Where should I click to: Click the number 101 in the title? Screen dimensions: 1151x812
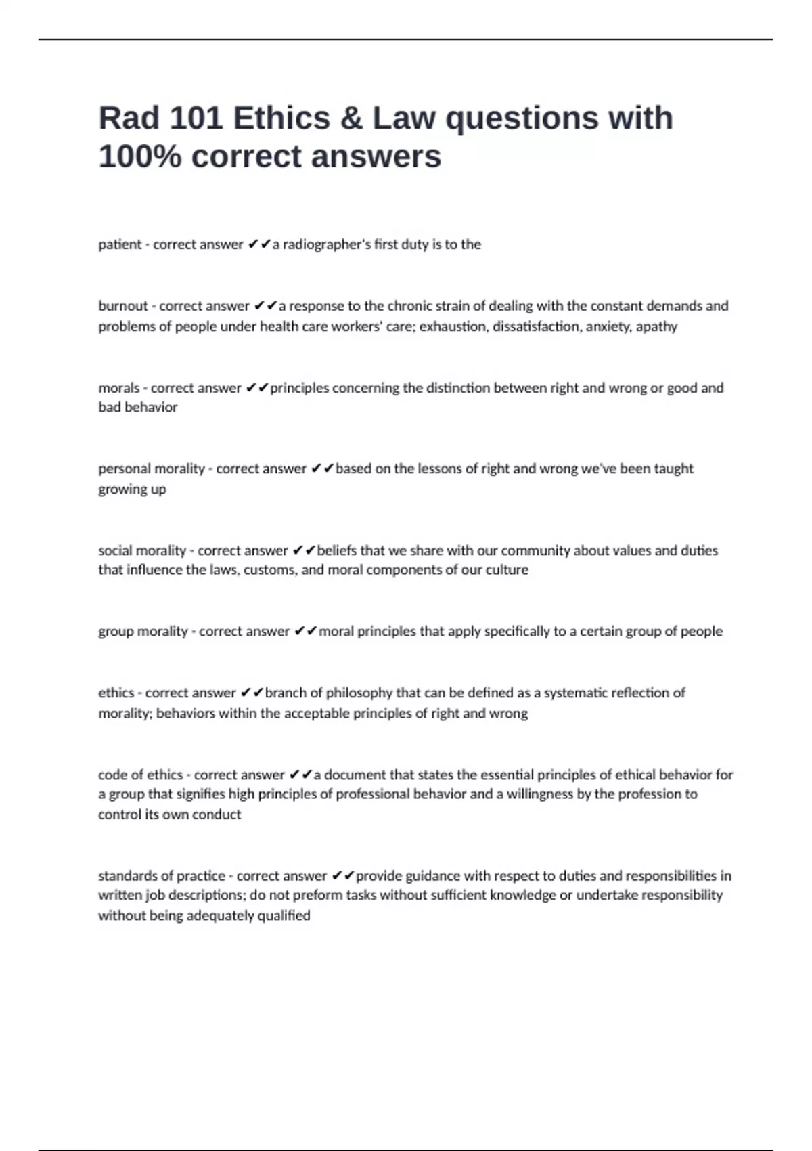(x=196, y=118)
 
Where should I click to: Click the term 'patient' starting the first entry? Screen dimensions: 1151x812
(x=120, y=244)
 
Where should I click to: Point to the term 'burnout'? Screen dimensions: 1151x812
(x=122, y=306)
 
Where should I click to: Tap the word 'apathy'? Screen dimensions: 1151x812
(x=656, y=326)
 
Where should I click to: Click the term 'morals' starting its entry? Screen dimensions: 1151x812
(x=118, y=388)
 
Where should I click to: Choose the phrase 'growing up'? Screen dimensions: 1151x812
(x=132, y=489)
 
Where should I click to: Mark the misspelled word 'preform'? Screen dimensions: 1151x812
(x=319, y=895)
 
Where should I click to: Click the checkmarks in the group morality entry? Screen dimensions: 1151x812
(x=306, y=632)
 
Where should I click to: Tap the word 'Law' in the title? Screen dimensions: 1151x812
(x=403, y=118)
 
